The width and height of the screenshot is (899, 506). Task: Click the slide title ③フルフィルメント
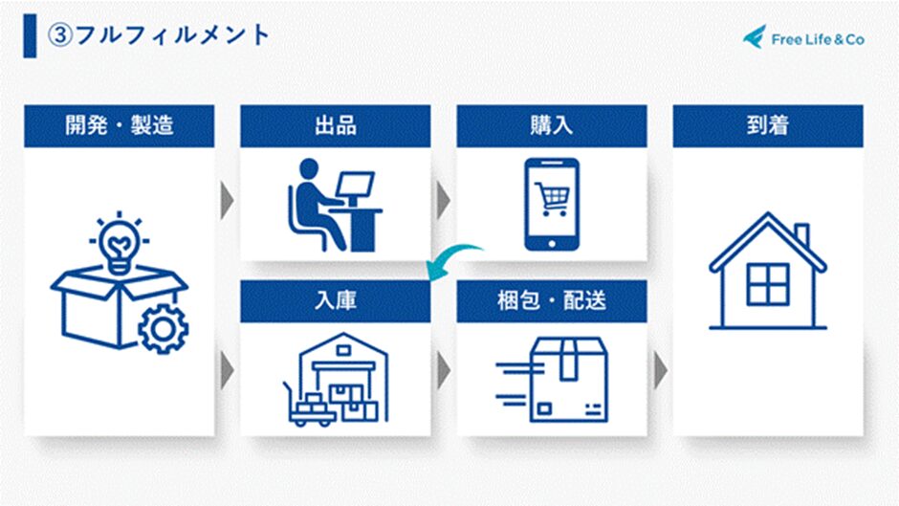[158, 35]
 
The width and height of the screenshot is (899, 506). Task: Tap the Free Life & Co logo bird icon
[755, 36]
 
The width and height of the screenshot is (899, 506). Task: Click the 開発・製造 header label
[120, 125]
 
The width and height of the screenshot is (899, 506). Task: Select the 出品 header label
[336, 125]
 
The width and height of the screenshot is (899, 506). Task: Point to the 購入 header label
[552, 125]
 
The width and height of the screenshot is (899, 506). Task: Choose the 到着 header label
[768, 125]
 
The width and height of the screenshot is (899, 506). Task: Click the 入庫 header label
[336, 300]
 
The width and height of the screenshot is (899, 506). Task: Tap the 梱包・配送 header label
[552, 300]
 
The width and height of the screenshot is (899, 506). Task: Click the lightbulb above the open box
[120, 245]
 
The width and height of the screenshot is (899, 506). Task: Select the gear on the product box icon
[164, 329]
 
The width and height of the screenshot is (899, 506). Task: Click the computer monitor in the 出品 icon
[355, 186]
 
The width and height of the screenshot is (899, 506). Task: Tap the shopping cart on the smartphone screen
[552, 198]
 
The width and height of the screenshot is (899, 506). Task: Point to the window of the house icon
[768, 284]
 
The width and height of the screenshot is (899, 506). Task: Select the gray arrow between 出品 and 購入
[443, 200]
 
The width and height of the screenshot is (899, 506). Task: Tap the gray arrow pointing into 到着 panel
[661, 370]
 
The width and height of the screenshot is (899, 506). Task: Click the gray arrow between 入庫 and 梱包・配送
[443, 370]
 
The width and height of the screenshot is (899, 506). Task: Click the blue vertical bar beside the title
[30, 35]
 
